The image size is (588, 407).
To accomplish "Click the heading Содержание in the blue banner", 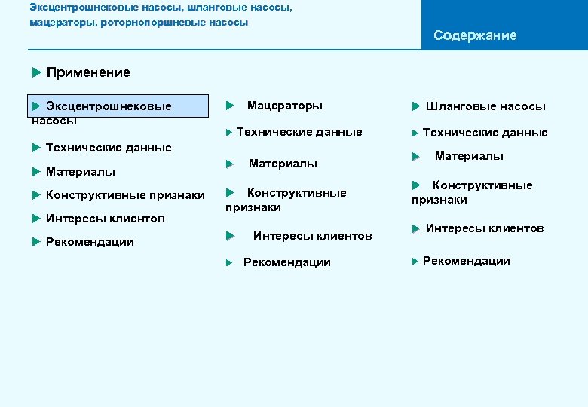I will [x=475, y=35].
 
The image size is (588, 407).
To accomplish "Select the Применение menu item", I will [x=87, y=72].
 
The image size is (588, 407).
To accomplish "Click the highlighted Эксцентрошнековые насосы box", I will [x=120, y=107].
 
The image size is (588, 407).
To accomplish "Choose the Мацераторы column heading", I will [x=284, y=106].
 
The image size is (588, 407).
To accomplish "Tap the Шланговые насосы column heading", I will [x=485, y=106].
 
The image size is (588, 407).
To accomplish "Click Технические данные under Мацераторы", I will [x=299, y=132].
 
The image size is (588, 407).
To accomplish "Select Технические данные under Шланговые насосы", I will [x=485, y=133].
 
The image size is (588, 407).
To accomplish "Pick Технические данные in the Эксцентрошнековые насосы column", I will [x=108, y=148].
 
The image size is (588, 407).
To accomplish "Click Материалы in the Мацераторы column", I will [x=283, y=164].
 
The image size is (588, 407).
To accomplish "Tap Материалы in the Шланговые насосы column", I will [x=469, y=156].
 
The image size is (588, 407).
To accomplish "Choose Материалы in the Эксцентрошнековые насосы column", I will [x=80, y=172].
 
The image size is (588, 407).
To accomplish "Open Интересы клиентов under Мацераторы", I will [x=312, y=236].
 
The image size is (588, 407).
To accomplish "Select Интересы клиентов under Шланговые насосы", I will [x=484, y=228].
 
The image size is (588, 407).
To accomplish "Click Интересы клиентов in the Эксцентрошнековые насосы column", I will [x=105, y=219].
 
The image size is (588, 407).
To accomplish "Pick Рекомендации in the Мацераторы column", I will [x=286, y=262].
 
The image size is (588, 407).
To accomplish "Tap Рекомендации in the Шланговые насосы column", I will [x=466, y=261].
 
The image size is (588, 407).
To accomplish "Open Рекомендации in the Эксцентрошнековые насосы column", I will [x=89, y=242].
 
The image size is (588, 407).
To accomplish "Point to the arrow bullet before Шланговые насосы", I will [x=415, y=106].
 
